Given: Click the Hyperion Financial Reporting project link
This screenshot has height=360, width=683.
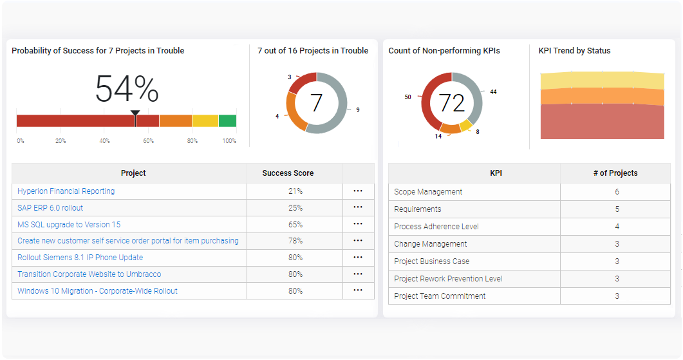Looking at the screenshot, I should click(x=66, y=191).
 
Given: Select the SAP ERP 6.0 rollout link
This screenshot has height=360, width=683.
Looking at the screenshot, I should click(x=50, y=208).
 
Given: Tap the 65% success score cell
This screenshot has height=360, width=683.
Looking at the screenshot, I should click(x=295, y=225).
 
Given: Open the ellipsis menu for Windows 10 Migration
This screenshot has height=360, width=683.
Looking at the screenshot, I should click(x=358, y=290).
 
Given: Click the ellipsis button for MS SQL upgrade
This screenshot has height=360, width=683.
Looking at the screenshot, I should click(x=358, y=224).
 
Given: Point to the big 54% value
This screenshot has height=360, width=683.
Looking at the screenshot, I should click(x=127, y=89).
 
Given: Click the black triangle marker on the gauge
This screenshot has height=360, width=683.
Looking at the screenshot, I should click(x=135, y=113).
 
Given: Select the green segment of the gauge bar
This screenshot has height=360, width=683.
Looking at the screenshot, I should click(x=227, y=120).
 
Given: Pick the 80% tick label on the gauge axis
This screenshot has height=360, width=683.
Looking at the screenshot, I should click(x=192, y=141).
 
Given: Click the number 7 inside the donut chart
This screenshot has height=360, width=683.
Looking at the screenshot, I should click(x=316, y=103).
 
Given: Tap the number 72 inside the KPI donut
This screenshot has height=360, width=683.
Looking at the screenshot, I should click(x=451, y=103).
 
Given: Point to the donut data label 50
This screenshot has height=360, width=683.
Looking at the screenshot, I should click(x=407, y=97).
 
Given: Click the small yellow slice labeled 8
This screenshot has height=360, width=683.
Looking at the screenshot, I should click(x=465, y=125).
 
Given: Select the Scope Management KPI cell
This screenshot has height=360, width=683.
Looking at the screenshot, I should click(x=428, y=192).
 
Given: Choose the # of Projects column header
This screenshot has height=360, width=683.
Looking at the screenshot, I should click(x=615, y=173).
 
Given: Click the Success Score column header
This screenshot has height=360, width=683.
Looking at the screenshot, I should click(x=288, y=173).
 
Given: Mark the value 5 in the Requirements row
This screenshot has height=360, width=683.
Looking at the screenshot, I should click(x=617, y=209).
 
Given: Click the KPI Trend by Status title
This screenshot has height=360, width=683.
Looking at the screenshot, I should click(x=574, y=51).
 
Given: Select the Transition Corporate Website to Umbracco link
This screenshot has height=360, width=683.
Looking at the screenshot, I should click(x=89, y=274).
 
